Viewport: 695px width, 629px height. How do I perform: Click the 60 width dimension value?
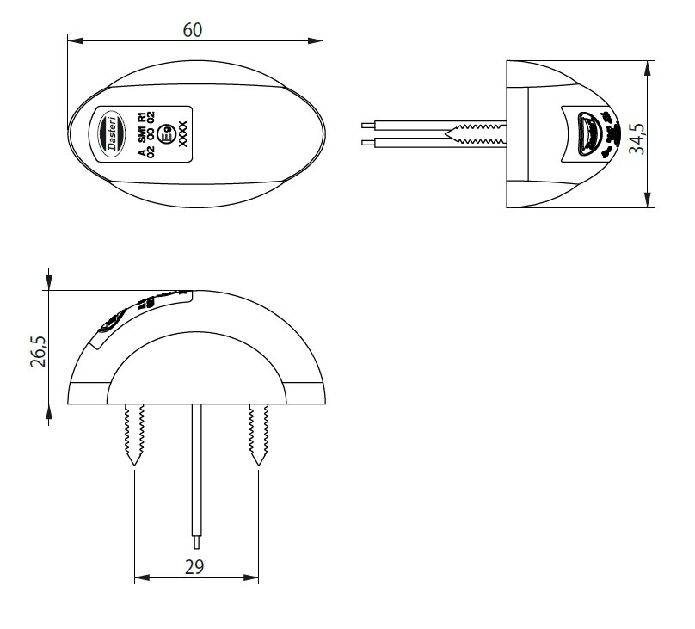pyautogui.click(x=194, y=29)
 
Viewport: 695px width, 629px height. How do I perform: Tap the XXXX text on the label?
pyautogui.click(x=181, y=135)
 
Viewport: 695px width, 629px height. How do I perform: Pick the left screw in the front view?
pyautogui.click(x=133, y=435)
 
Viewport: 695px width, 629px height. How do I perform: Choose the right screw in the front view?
pyautogui.click(x=256, y=435)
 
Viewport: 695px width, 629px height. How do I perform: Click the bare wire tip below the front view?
pyautogui.click(x=197, y=542)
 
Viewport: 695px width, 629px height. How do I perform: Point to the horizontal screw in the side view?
pyautogui.click(x=477, y=133)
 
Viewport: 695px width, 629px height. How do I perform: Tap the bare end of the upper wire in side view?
pyautogui.click(x=367, y=126)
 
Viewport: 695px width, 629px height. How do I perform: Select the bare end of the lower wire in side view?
pyautogui.click(x=367, y=140)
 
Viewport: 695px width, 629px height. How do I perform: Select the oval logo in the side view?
pyautogui.click(x=587, y=133)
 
